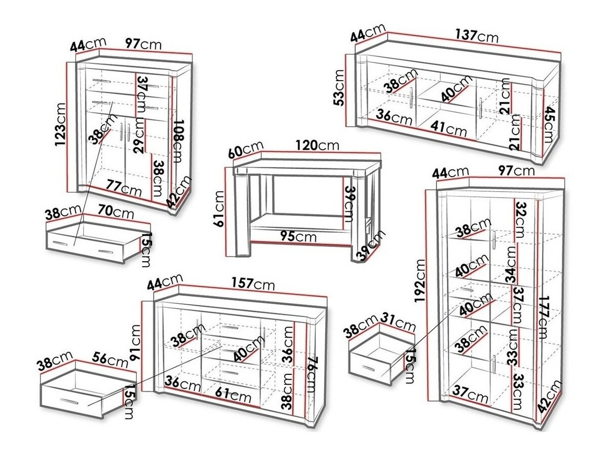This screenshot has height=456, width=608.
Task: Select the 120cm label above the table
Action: [318, 145]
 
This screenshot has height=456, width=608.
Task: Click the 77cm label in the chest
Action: [124, 190]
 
